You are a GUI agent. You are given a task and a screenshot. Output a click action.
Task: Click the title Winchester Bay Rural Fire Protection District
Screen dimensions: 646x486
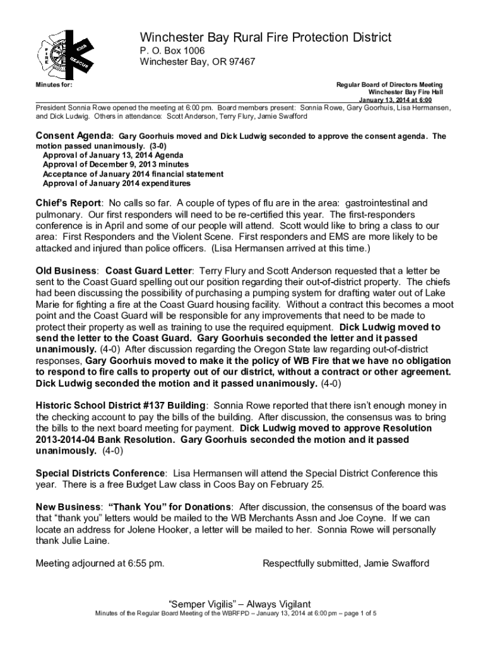pyautogui.click(x=265, y=38)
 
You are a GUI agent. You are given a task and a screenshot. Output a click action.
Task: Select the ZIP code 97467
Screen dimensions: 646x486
pyautogui.click(x=240, y=62)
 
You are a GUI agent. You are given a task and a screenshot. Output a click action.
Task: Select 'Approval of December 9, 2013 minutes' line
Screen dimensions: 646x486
pyautogui.click(x=110, y=164)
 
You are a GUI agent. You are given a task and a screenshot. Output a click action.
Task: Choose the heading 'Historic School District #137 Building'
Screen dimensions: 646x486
pyautogui.click(x=120, y=404)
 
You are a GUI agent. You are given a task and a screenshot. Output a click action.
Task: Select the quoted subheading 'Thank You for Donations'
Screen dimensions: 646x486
pyautogui.click(x=170, y=507)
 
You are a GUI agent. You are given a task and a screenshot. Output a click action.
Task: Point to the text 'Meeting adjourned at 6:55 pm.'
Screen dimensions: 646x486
pyautogui.click(x=100, y=563)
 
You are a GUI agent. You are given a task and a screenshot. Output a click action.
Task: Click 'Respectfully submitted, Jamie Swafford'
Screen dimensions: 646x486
pyautogui.click(x=346, y=563)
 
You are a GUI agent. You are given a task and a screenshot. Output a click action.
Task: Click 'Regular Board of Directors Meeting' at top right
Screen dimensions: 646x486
pyautogui.click(x=389, y=85)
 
